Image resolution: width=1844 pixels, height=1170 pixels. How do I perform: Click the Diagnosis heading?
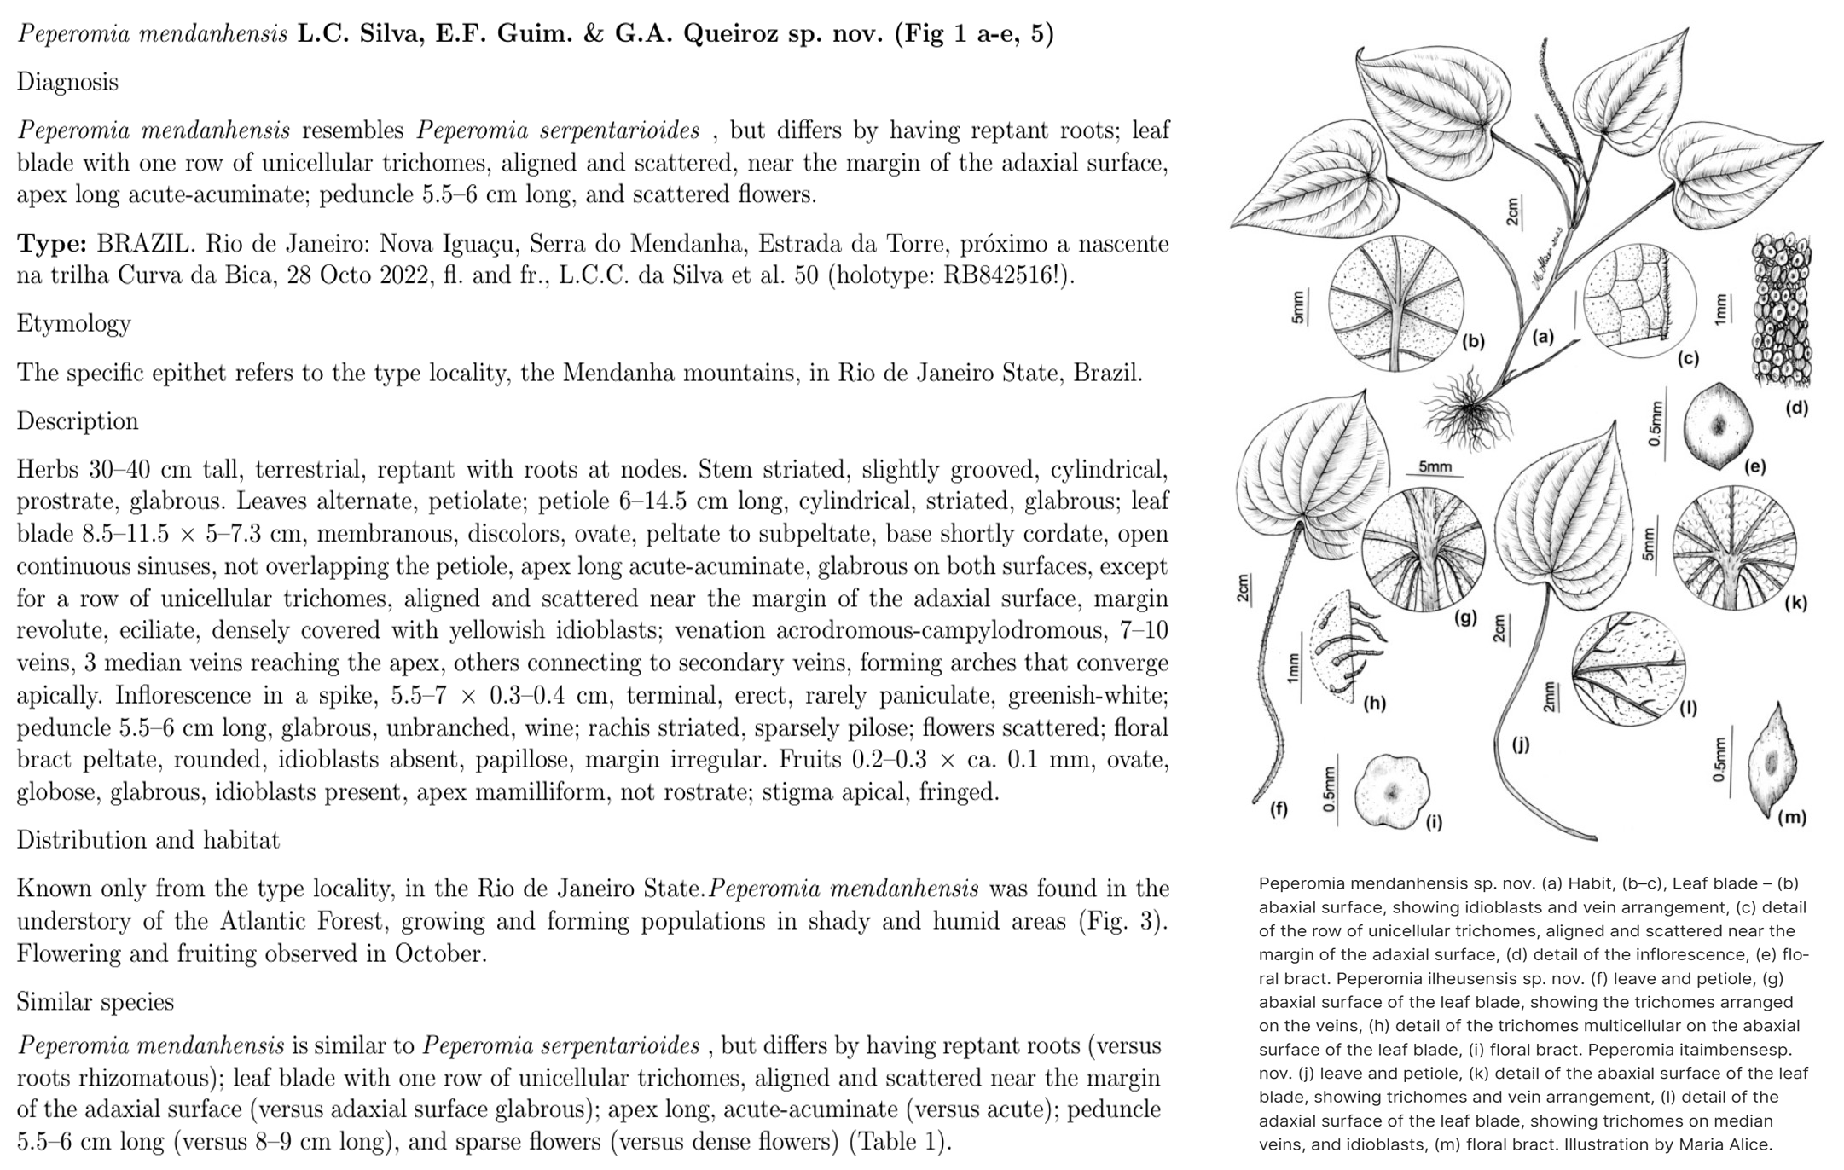tap(67, 83)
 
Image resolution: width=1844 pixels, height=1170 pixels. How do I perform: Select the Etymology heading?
tap(73, 324)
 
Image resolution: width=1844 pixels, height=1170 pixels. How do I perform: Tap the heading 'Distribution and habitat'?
tap(148, 841)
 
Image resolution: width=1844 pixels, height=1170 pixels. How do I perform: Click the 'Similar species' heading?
tap(95, 1002)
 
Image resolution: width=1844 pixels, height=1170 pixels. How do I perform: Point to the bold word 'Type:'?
tap(52, 245)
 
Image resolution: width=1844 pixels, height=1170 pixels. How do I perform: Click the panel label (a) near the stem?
tap(1542, 338)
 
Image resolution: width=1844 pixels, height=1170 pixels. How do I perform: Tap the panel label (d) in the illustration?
tap(1796, 408)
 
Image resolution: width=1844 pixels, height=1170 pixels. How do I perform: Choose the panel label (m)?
tap(1791, 818)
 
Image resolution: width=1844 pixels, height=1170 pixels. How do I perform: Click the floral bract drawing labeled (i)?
tap(1392, 791)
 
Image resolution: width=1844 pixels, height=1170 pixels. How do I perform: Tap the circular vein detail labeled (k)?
tap(1735, 547)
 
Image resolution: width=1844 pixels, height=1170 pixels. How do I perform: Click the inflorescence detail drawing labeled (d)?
tap(1781, 311)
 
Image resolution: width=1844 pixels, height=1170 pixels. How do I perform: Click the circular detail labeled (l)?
tap(1627, 669)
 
